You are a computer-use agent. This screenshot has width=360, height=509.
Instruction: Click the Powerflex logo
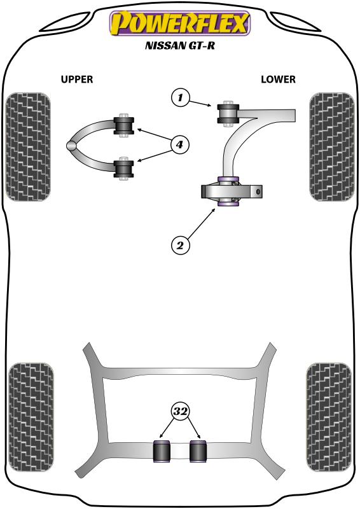pyautogui.click(x=180, y=23)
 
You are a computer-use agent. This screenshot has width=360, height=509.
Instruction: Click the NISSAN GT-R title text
pyautogui.click(x=180, y=45)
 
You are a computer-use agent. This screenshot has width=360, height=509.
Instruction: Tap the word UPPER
pyautogui.click(x=77, y=79)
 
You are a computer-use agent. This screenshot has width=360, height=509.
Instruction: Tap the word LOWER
pyautogui.click(x=278, y=79)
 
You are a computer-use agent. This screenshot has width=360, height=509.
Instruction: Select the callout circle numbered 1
pyautogui.click(x=180, y=97)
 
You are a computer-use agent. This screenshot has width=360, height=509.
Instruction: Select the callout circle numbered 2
pyautogui.click(x=180, y=245)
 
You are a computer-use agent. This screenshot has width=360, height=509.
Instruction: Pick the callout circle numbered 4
pyautogui.click(x=179, y=144)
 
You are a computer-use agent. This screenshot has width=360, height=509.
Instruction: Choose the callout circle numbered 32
pyautogui.click(x=181, y=412)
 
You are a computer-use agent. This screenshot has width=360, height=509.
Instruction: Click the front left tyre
pyautogui.click(x=28, y=147)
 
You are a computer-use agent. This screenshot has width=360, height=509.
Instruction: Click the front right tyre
pyautogui.click(x=332, y=147)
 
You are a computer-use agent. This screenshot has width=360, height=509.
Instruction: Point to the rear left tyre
pyautogui.click(x=31, y=418)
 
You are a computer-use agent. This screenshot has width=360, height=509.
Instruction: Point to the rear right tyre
pyautogui.click(x=328, y=418)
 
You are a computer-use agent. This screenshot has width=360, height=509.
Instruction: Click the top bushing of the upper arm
pyautogui.click(x=123, y=125)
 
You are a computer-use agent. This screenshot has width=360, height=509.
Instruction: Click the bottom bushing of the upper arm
pyautogui.click(x=123, y=169)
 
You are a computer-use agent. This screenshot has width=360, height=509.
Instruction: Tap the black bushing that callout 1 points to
pyautogui.click(x=228, y=114)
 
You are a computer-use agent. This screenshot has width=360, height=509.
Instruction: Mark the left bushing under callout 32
pyautogui.click(x=162, y=451)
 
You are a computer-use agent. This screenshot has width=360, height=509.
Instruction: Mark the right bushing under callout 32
pyautogui.click(x=198, y=451)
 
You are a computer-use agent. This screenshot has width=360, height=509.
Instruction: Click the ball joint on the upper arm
pyautogui.click(x=72, y=146)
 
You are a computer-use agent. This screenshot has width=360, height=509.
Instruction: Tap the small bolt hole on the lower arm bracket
pyautogui.click(x=258, y=192)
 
